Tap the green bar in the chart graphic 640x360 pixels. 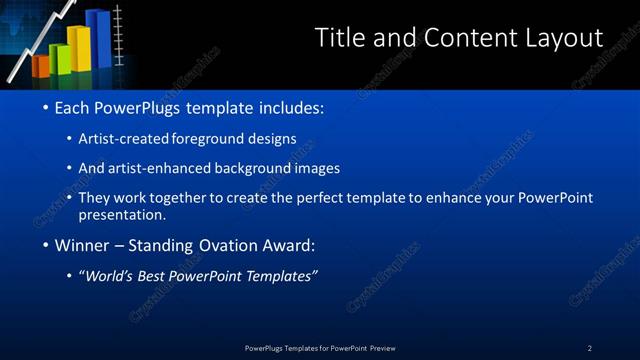[x=59, y=58]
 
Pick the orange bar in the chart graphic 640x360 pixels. [x=41, y=66]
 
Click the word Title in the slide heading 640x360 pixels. [x=339, y=38]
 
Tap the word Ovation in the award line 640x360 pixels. [x=237, y=245]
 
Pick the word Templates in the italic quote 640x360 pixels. [x=279, y=276]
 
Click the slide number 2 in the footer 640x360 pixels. [x=590, y=348]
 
